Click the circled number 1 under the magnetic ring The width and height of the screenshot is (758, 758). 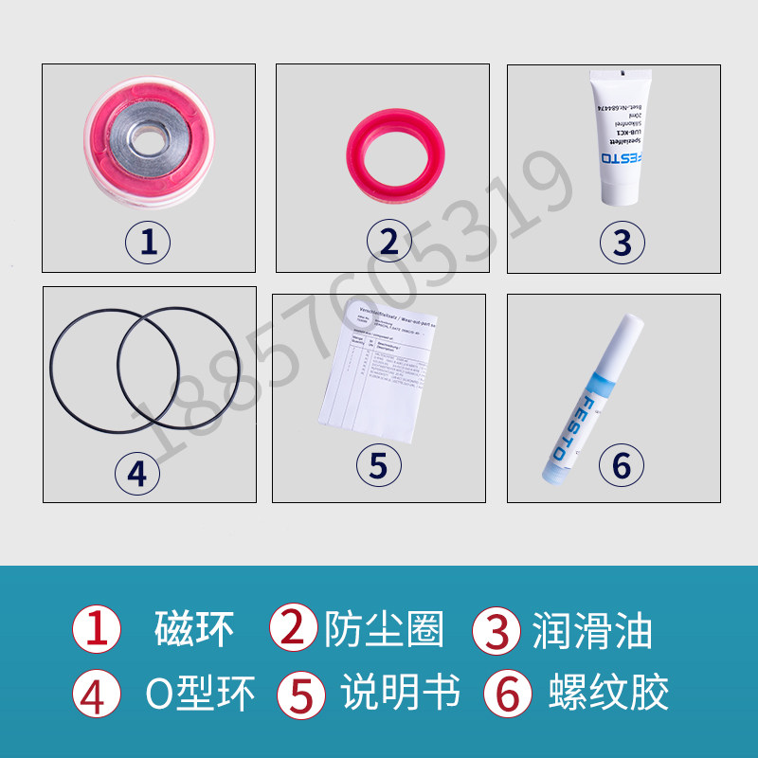(148, 243)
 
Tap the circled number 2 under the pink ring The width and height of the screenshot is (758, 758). (388, 243)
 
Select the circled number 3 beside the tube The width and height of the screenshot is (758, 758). (622, 243)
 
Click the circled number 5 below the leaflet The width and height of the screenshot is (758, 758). (378, 464)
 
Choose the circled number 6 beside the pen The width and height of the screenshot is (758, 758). (622, 464)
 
